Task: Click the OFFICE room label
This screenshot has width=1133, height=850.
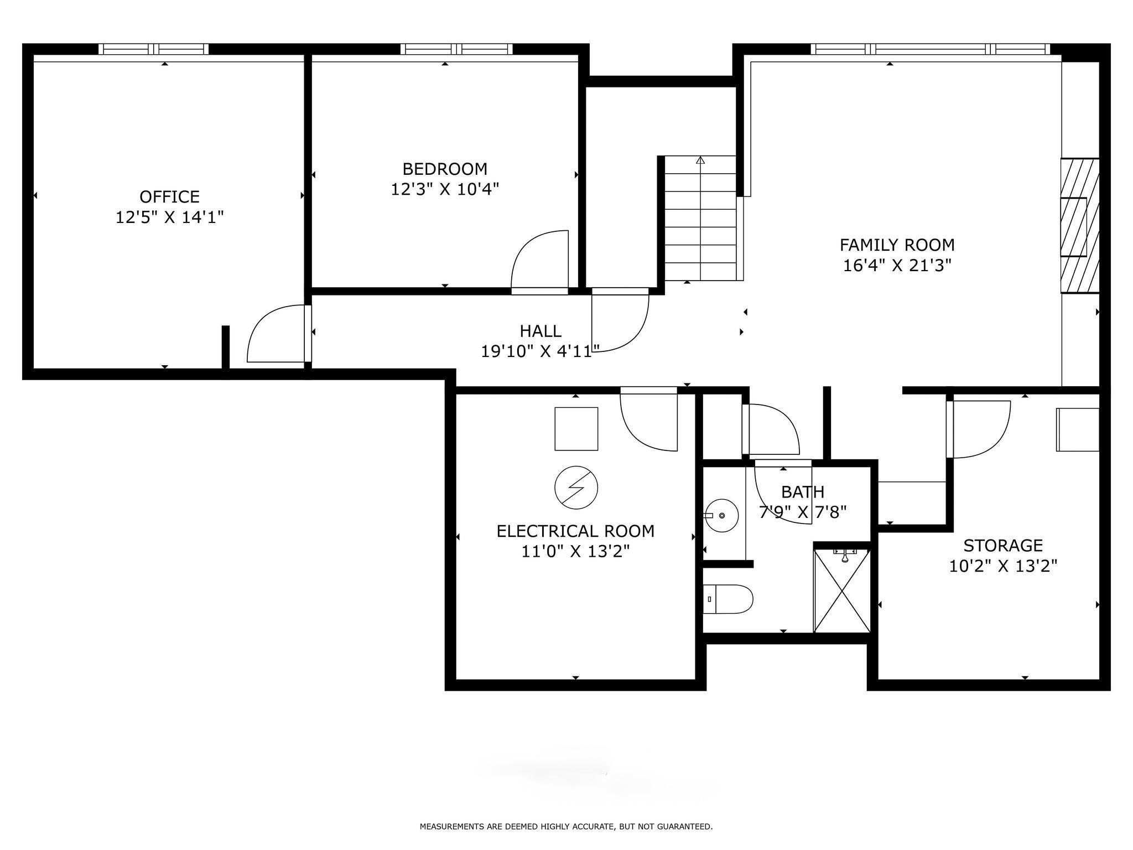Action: (169, 196)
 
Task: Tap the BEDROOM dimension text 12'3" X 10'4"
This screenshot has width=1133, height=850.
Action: (445, 189)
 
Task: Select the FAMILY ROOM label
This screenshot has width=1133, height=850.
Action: (897, 245)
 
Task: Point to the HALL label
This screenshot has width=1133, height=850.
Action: (540, 331)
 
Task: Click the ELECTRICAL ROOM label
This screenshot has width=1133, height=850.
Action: (575, 531)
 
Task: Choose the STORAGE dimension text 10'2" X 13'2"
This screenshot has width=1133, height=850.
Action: (1003, 566)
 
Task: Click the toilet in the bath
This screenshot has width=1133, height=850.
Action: (728, 599)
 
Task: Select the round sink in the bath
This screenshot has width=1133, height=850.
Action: (723, 515)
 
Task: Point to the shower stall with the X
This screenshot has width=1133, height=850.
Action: (842, 590)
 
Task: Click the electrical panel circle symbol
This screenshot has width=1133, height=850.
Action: (576, 487)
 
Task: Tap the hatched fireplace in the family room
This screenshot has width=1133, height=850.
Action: (1079, 225)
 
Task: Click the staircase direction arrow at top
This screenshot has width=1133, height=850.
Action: (700, 160)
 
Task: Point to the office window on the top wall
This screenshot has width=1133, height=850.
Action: (154, 49)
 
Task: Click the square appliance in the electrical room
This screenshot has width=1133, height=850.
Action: (576, 429)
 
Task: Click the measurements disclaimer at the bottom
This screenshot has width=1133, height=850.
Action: (566, 827)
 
